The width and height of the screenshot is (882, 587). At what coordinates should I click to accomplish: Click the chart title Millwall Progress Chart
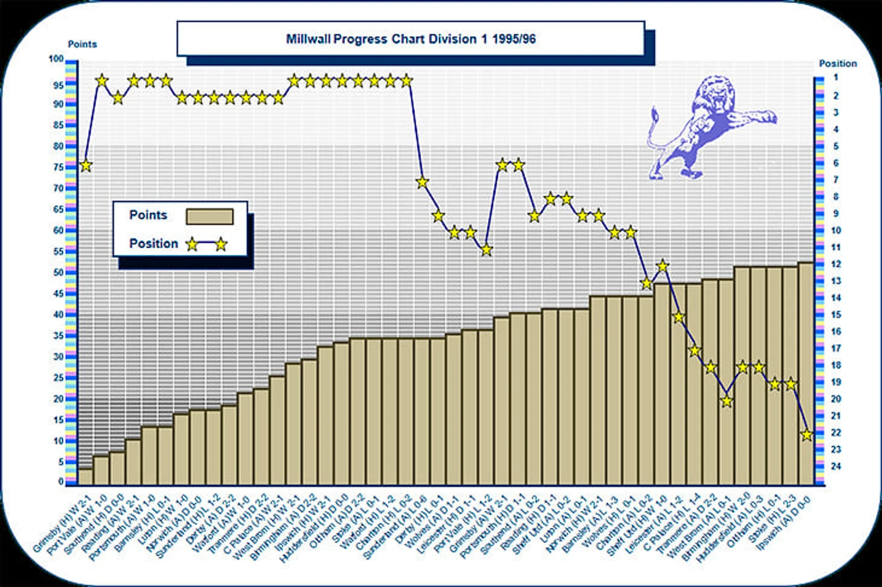tap(411, 39)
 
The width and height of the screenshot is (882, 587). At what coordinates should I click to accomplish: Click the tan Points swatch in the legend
tap(210, 216)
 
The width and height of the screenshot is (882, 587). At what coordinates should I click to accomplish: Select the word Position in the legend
tap(153, 243)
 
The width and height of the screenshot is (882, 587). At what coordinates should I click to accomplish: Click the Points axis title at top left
tap(82, 44)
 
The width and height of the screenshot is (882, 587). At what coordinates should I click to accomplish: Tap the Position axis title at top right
tap(837, 63)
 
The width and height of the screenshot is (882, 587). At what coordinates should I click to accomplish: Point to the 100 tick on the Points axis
tap(56, 59)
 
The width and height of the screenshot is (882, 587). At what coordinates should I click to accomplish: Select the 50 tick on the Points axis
tap(58, 272)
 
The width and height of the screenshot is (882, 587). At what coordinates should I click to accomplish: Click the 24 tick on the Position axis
tap(836, 466)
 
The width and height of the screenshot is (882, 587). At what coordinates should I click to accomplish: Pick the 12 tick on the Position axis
tap(836, 264)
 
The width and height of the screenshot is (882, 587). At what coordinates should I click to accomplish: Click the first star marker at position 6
tap(86, 165)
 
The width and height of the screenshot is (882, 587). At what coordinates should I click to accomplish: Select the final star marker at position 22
tap(806, 434)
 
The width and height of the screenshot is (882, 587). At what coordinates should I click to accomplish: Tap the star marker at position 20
tap(727, 401)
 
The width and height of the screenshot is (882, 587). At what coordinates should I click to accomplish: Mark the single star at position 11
tap(486, 249)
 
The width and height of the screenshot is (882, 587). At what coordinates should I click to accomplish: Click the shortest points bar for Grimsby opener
tap(86, 476)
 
